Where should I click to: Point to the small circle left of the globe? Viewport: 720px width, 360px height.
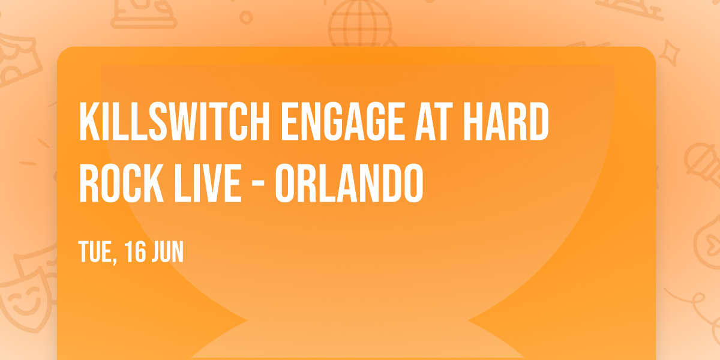click(246, 17)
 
